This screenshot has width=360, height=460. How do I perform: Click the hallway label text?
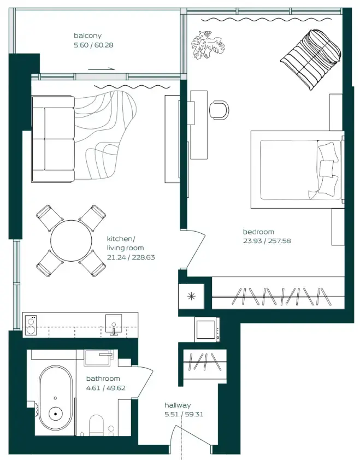[x=178, y=405]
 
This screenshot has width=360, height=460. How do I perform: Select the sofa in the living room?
[x=52, y=139]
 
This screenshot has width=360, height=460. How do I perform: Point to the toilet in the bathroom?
[x=96, y=424]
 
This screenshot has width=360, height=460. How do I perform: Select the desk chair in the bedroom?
[x=219, y=109]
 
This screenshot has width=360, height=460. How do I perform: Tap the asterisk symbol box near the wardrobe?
[x=191, y=297]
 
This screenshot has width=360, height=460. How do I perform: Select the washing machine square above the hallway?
[x=207, y=329]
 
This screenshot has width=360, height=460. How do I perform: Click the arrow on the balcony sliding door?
[x=102, y=69]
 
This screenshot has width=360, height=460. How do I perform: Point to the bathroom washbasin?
[x=99, y=358]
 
